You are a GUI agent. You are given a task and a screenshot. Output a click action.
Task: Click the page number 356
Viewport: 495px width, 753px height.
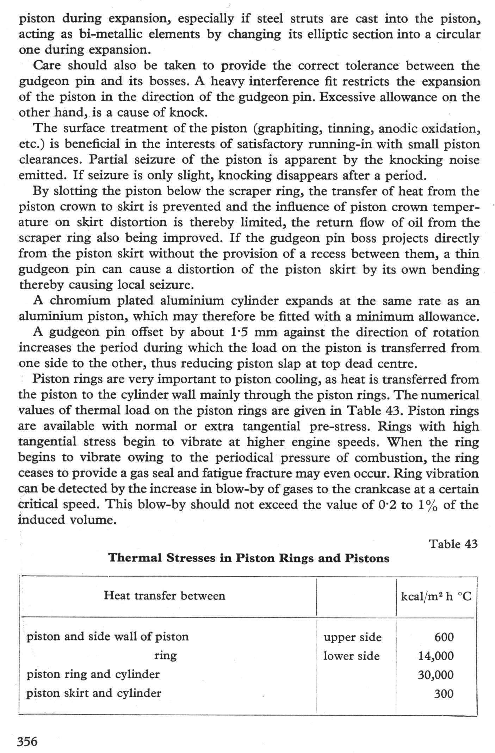tap(27, 741)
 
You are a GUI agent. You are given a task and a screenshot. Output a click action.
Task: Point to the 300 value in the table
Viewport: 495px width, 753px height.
tap(444, 694)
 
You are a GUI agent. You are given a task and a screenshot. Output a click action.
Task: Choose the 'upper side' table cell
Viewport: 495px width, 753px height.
tap(352, 637)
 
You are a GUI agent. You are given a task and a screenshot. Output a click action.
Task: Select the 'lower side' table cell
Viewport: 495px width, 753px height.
tap(351, 656)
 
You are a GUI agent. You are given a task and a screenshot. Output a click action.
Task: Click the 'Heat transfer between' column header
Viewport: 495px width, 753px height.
tap(164, 596)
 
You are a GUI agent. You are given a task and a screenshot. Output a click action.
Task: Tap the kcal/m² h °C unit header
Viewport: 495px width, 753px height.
tap(436, 596)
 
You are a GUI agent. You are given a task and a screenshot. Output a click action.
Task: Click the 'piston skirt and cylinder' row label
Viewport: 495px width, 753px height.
tap(94, 693)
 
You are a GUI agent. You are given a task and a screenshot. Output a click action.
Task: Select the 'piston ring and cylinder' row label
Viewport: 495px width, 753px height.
tap(93, 674)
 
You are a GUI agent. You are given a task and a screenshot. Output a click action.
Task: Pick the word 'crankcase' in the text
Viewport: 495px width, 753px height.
tap(381, 489)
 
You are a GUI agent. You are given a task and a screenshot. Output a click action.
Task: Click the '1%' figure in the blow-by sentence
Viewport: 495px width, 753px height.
tap(428, 505)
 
